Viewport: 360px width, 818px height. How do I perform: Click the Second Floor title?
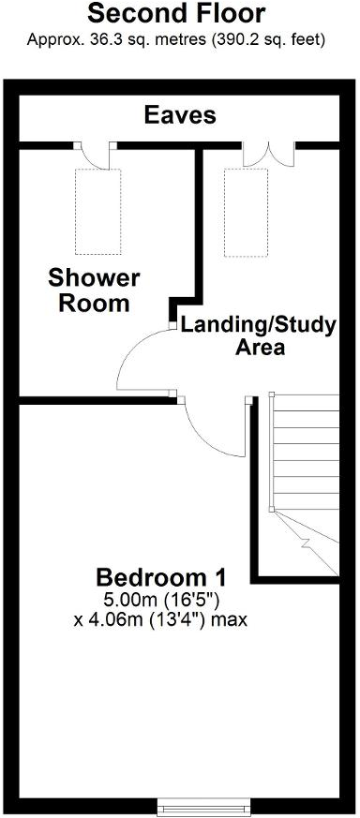[176, 14]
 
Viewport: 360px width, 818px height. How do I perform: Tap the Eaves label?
[179, 115]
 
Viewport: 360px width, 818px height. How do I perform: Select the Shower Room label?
[93, 290]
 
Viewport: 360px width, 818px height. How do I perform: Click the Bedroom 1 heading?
[161, 574]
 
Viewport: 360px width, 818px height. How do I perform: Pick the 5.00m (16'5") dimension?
[161, 599]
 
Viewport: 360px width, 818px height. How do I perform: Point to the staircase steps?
[305, 450]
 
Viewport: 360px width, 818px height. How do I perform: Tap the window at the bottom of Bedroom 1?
[203, 805]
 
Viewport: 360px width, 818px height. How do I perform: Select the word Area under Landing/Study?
[259, 349]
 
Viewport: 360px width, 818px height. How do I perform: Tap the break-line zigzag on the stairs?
[306, 542]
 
